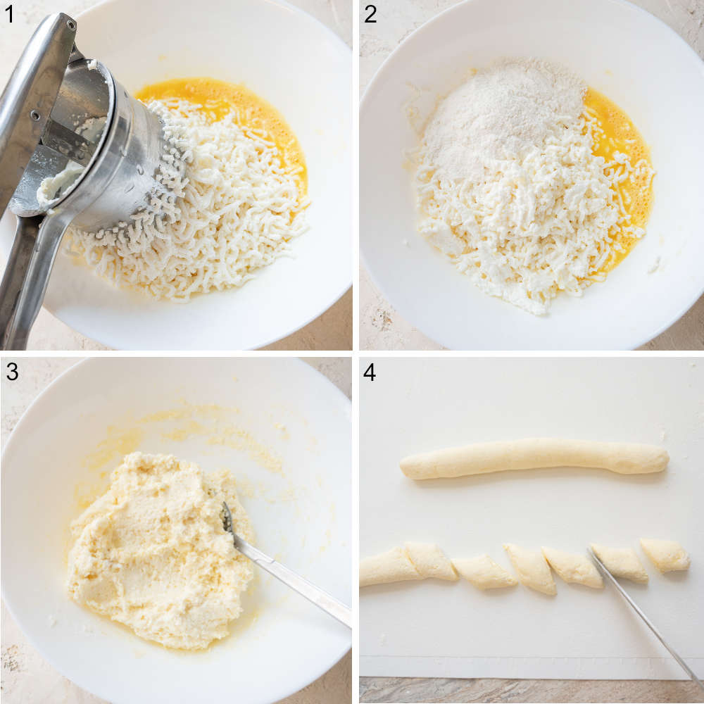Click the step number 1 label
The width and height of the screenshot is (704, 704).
[9, 14]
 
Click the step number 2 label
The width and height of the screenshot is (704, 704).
[370, 14]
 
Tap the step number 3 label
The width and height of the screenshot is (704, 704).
[11, 372]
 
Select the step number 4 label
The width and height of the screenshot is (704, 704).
[370, 372]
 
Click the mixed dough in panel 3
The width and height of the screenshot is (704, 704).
[155, 549]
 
